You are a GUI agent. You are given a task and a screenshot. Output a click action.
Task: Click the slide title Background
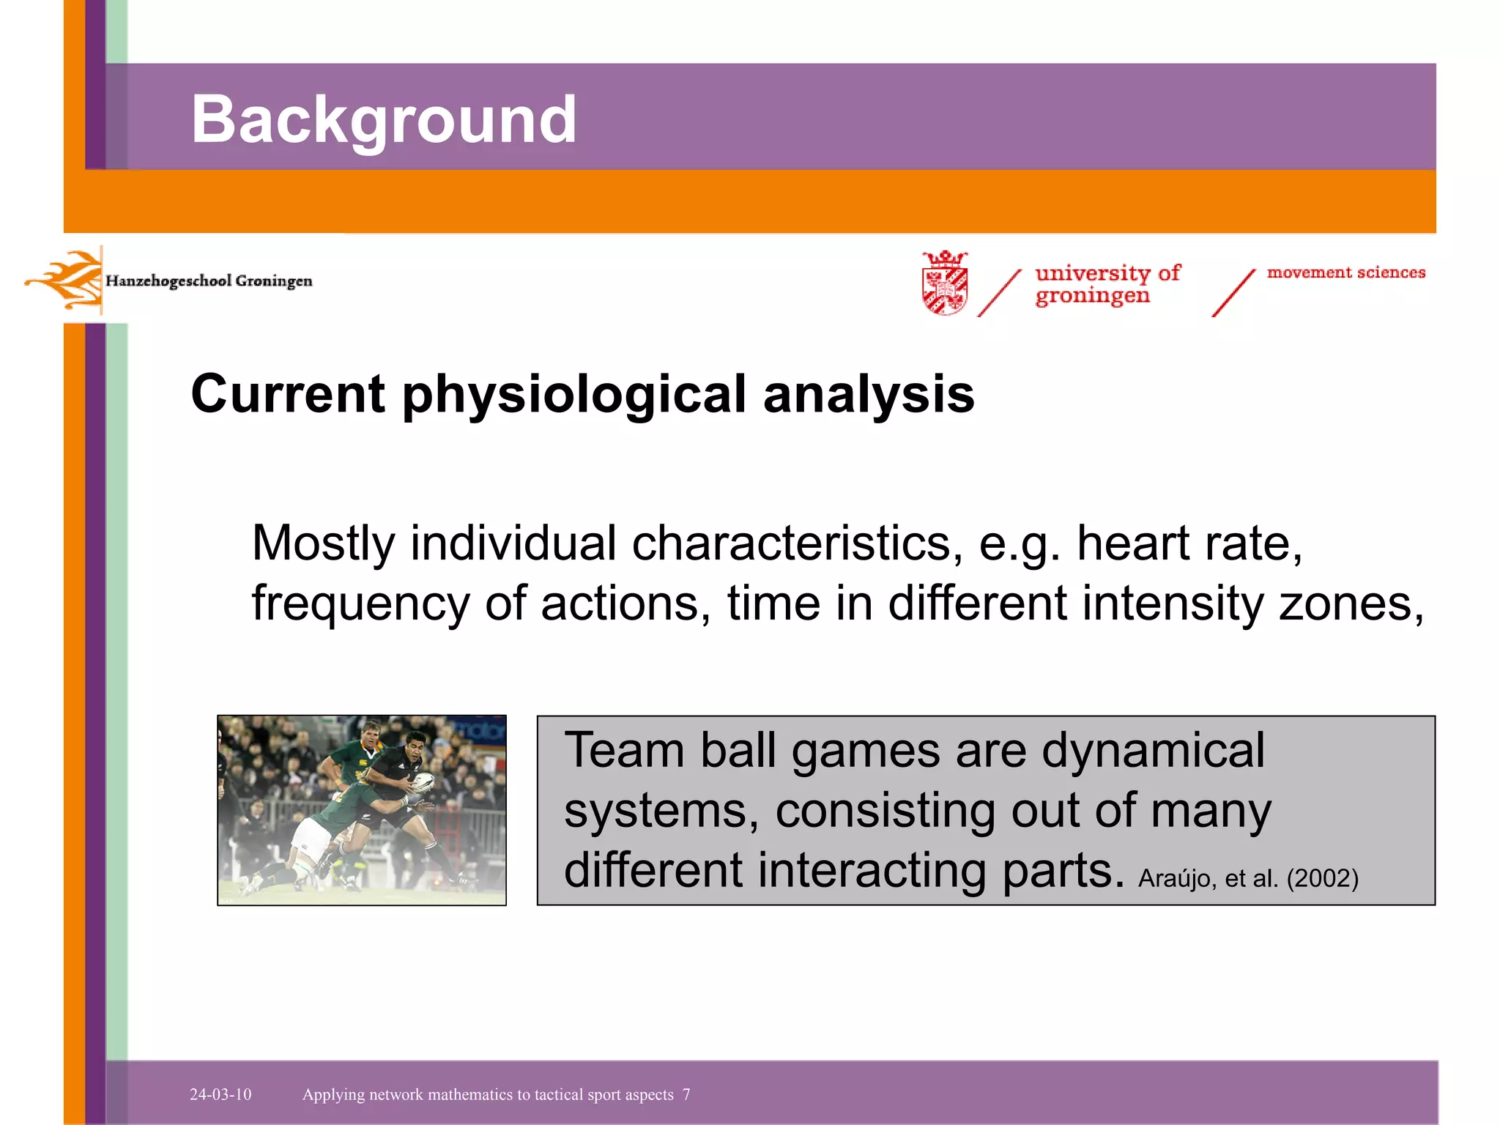click(384, 119)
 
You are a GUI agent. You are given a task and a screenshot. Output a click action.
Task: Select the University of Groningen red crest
click(945, 283)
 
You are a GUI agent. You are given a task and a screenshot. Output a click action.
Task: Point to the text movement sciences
click(1346, 272)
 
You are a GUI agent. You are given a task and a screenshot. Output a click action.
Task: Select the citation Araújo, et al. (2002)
click(1248, 877)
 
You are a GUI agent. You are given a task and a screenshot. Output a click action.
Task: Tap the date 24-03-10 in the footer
click(220, 1094)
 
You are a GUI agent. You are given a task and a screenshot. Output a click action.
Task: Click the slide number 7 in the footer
click(686, 1094)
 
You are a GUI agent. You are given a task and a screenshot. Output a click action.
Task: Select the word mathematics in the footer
click(470, 1094)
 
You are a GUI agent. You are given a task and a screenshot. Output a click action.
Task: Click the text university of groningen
click(1106, 284)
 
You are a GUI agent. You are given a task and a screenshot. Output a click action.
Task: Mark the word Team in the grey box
click(625, 751)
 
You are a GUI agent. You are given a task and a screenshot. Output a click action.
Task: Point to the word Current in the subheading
click(287, 394)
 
